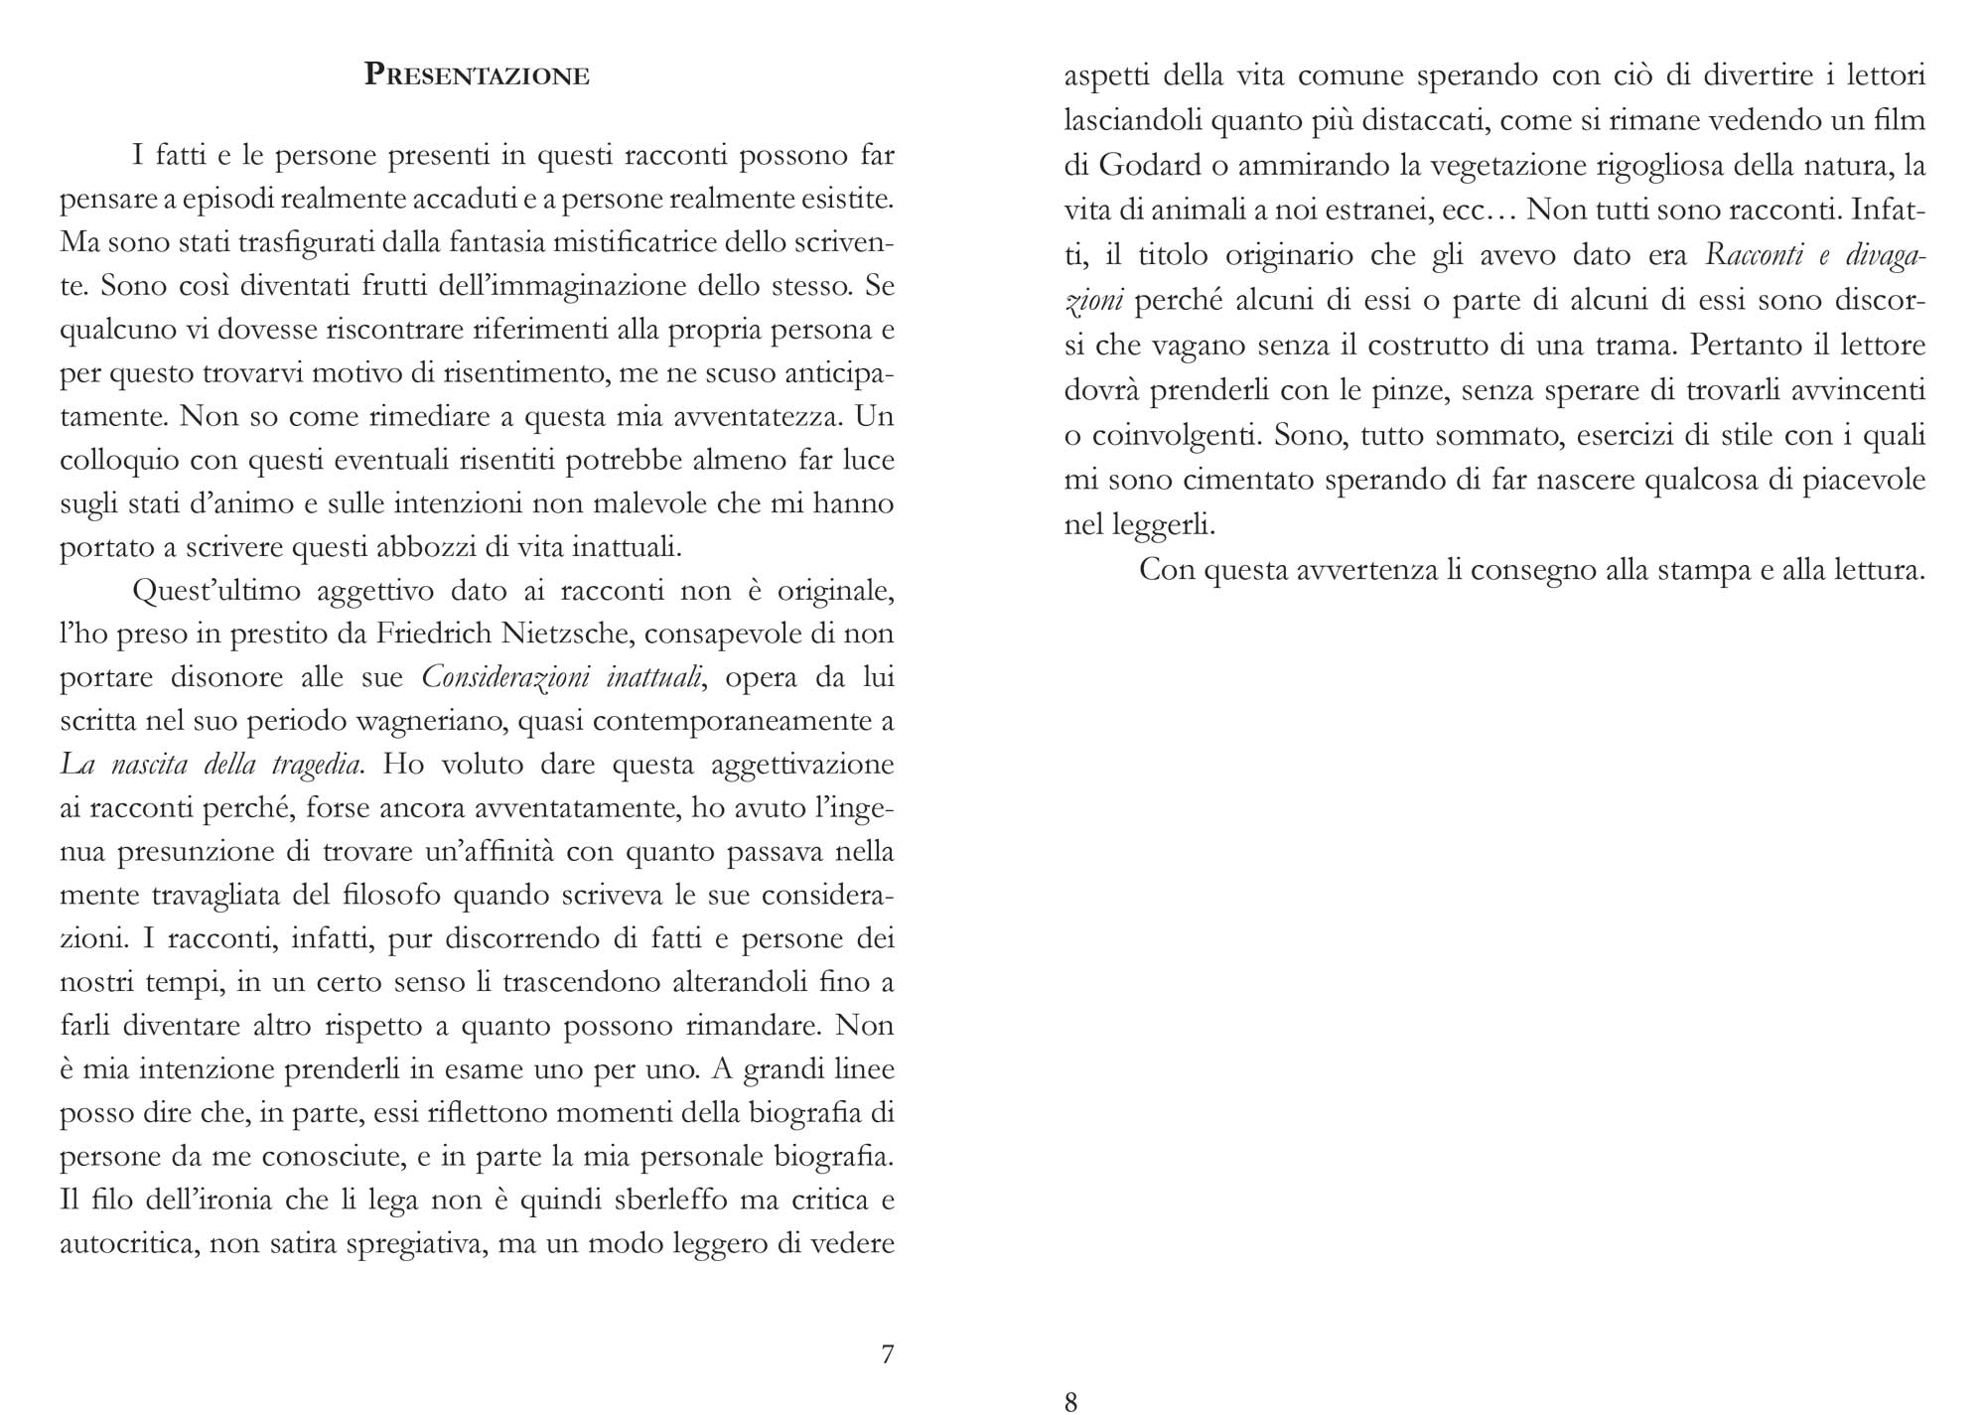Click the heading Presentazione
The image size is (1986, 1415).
477,75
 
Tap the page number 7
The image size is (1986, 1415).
888,1354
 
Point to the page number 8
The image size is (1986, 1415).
1070,1401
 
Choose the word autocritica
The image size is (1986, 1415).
122,1244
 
